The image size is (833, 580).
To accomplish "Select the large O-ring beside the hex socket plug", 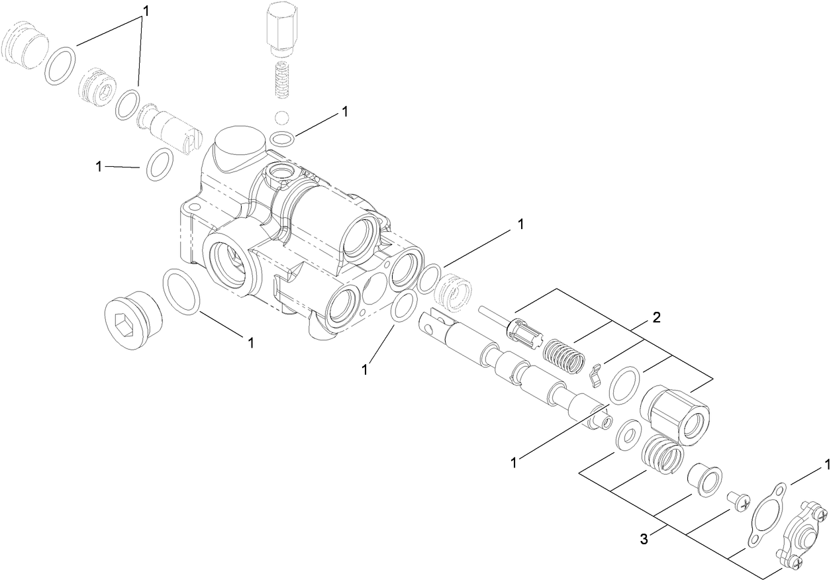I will tap(181, 292).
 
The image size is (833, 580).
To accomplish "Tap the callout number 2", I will tap(656, 317).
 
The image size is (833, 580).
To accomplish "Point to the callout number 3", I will tap(643, 539).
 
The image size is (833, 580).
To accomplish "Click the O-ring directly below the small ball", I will tap(282, 139).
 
